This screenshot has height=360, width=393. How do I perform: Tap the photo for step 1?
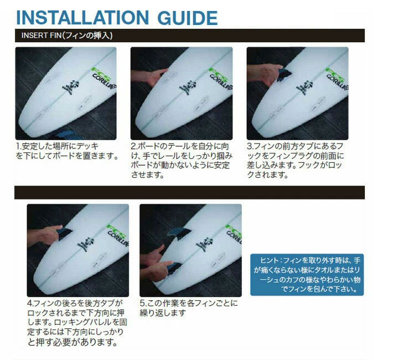click(x=66, y=94)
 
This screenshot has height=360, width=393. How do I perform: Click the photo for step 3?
click(x=297, y=94)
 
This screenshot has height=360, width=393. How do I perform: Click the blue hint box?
click(x=307, y=274)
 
